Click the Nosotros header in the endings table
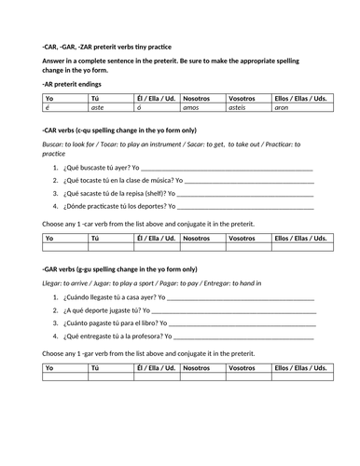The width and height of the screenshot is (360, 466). [197, 97]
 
